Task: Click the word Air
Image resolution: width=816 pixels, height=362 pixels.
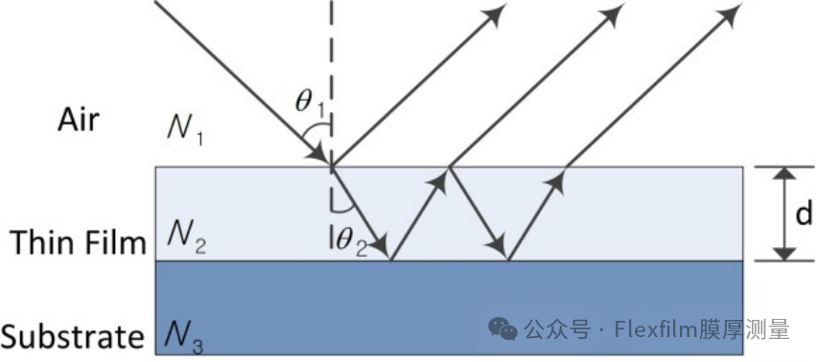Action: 79,120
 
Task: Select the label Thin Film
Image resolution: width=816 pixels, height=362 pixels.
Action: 78,242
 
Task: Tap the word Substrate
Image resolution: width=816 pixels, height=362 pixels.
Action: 72,336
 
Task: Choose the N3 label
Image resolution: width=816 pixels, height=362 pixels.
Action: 185,336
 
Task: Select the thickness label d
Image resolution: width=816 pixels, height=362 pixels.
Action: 804,214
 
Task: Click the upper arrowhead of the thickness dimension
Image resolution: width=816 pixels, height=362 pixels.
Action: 784,172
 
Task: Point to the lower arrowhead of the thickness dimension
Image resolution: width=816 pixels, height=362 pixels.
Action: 784,254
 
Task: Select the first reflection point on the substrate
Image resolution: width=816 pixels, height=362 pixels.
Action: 391,260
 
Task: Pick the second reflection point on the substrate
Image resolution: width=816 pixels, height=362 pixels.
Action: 508,260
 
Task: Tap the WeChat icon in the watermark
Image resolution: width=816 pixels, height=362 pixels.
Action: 503,329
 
